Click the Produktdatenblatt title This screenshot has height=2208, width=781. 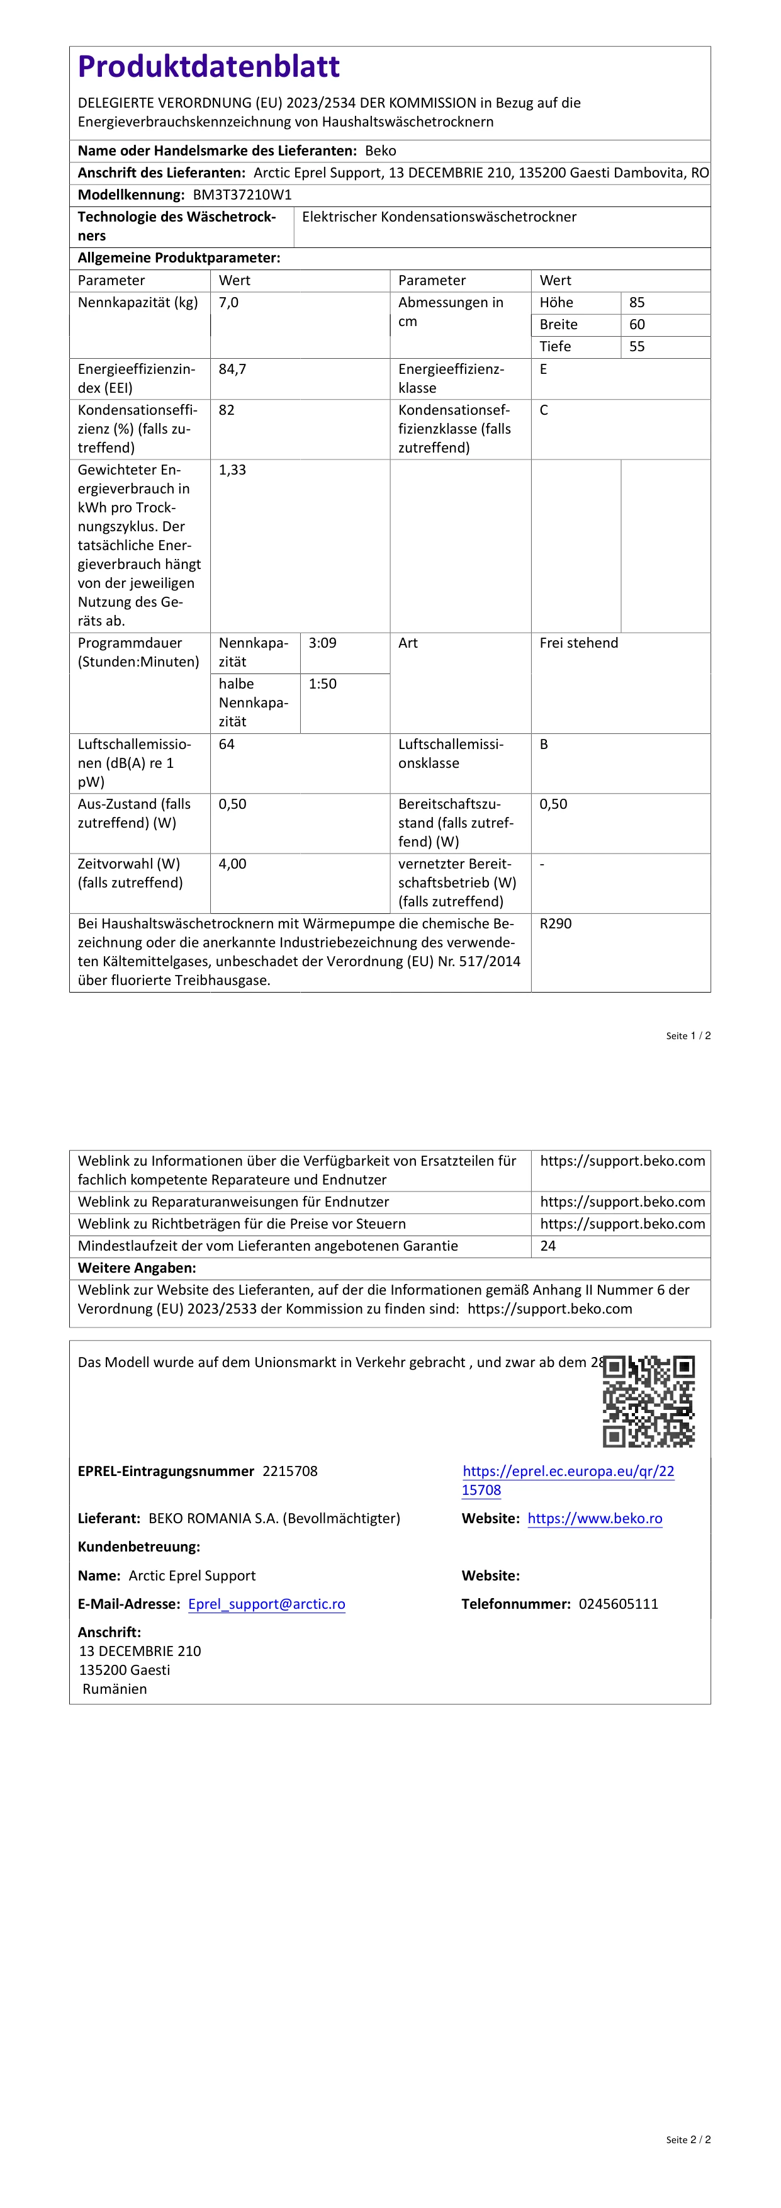pyautogui.click(x=208, y=67)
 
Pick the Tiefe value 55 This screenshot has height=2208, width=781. pyautogui.click(x=637, y=346)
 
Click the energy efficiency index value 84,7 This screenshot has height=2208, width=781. pyautogui.click(x=232, y=369)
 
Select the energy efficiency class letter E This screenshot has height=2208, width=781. pyautogui.click(x=544, y=369)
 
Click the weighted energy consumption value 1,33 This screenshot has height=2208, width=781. pyautogui.click(x=232, y=470)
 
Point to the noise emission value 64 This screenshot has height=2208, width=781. pyautogui.click(x=227, y=744)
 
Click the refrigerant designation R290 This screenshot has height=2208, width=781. pyautogui.click(x=556, y=923)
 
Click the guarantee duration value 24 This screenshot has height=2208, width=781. pyautogui.click(x=548, y=1246)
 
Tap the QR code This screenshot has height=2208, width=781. pyautogui.click(x=648, y=1400)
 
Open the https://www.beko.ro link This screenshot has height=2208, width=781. pyautogui.click(x=595, y=1518)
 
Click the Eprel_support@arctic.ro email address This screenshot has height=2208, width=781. pyautogui.click(x=267, y=1604)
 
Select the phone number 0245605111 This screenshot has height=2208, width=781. pyautogui.click(x=618, y=1604)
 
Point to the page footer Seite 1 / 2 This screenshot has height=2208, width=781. pyautogui.click(x=688, y=1035)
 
